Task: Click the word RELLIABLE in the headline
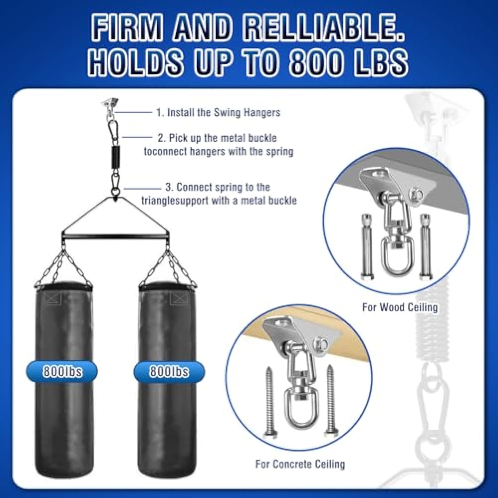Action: (x=324, y=28)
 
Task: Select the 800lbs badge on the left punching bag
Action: (x=62, y=371)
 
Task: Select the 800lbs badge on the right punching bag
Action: (x=169, y=371)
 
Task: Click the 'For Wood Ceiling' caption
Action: (x=400, y=307)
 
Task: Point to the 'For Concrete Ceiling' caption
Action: (x=300, y=464)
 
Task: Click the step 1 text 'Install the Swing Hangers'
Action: (x=223, y=113)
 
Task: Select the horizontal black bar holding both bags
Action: (x=115, y=236)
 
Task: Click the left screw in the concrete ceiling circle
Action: (x=269, y=402)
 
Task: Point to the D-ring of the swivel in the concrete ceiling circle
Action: (x=301, y=410)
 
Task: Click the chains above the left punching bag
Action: (x=63, y=267)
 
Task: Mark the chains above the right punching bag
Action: (x=168, y=267)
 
